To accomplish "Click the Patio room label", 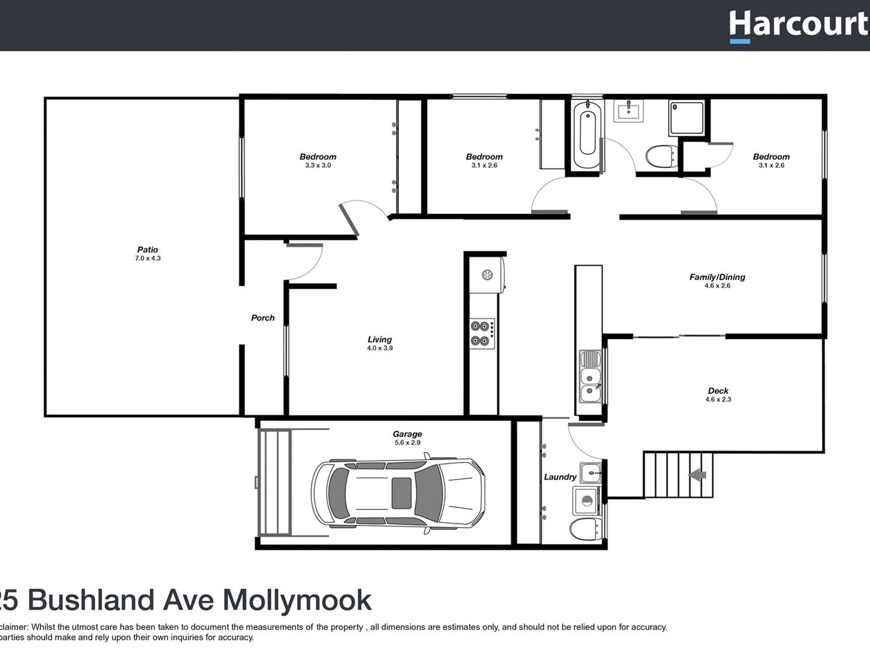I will pyautogui.click(x=147, y=250).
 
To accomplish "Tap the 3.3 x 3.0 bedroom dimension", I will pyautogui.click(x=318, y=165).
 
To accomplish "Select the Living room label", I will pyautogui.click(x=380, y=340).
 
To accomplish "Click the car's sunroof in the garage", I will pyautogui.click(x=402, y=493).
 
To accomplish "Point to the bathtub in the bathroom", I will pyautogui.click(x=587, y=133).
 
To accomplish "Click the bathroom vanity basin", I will pyautogui.click(x=629, y=110).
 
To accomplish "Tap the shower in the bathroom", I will pyautogui.click(x=686, y=118).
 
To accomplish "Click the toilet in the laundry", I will pyautogui.click(x=584, y=529).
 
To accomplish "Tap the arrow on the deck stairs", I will pyautogui.click(x=697, y=475).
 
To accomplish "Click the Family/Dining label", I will pyautogui.click(x=717, y=277).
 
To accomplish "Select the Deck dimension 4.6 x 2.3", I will pyautogui.click(x=718, y=400).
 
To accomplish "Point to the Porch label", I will pyautogui.click(x=263, y=318).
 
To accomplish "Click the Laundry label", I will pyautogui.click(x=560, y=477).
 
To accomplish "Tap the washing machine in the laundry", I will pyautogui.click(x=586, y=501).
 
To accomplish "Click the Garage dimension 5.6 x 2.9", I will pyautogui.click(x=407, y=443).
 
